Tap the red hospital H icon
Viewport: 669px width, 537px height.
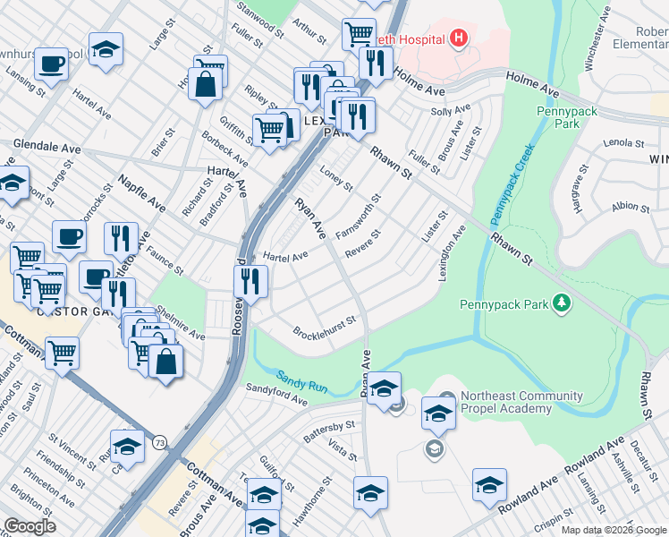(459, 38)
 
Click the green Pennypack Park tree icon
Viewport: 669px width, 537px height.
(561, 304)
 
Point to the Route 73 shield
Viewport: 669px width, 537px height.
(160, 443)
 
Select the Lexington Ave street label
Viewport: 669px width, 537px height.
(453, 254)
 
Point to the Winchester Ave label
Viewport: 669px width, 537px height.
(592, 45)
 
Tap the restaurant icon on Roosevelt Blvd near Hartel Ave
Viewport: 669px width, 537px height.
(251, 281)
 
